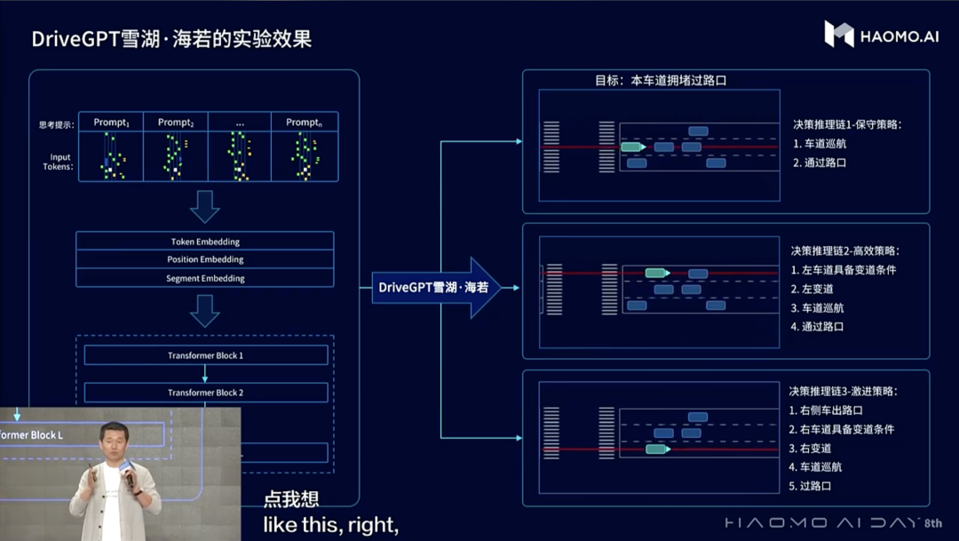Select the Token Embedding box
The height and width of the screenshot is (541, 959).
(205, 242)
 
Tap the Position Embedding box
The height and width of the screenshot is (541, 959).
(205, 259)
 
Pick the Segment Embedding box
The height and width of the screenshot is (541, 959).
(205, 278)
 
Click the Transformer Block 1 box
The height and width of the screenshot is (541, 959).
(205, 355)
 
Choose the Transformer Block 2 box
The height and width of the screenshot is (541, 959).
(205, 393)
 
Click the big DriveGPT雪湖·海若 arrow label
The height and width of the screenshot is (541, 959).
(434, 287)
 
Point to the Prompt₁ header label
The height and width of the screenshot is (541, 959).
(112, 123)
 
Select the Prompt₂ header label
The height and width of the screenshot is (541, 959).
(176, 123)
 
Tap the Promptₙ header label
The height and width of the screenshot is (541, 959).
(304, 123)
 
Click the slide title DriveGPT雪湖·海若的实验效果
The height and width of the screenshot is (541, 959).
(171, 39)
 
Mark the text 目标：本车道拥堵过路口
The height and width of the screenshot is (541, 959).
(661, 80)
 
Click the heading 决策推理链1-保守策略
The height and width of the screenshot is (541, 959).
(847, 124)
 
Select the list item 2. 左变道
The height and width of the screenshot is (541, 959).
(812, 289)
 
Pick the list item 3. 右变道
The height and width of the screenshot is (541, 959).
(810, 448)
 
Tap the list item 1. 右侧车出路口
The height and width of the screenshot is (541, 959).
(825, 410)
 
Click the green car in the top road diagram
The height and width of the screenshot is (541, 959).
(632, 147)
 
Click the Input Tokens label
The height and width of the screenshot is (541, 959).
(59, 162)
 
